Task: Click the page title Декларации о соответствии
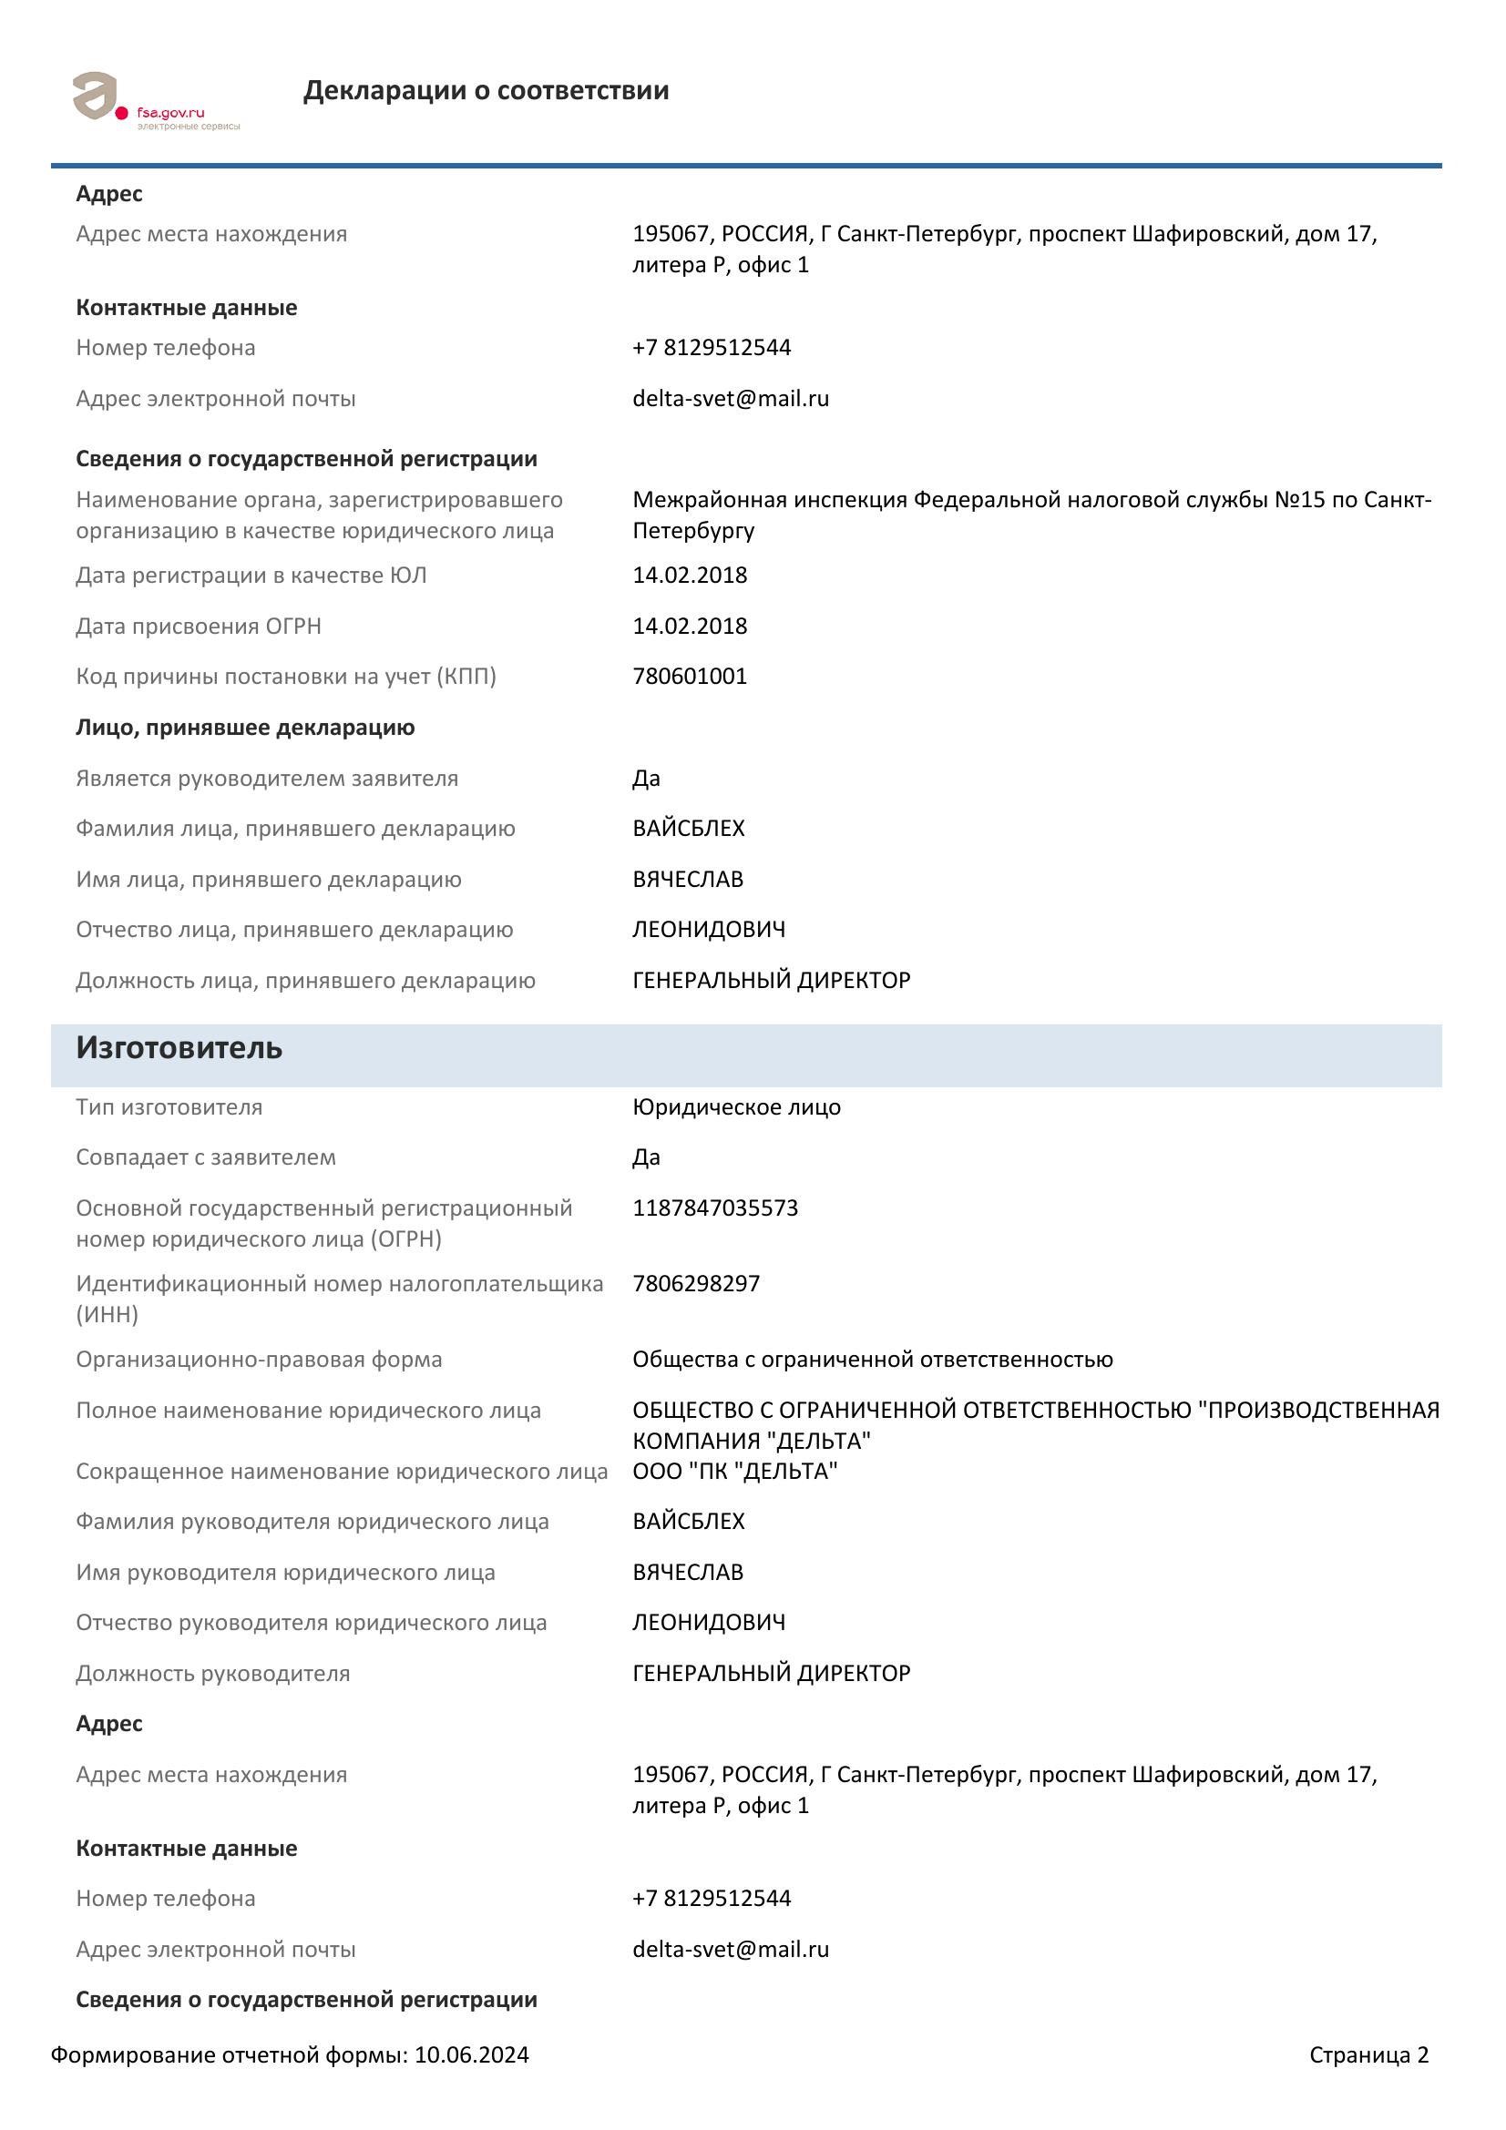[x=486, y=91]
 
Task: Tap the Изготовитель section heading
[x=179, y=1047]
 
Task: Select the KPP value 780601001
[x=690, y=677]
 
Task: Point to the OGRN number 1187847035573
[x=714, y=1208]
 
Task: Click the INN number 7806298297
[x=696, y=1284]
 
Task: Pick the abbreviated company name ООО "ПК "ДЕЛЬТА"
[x=735, y=1472]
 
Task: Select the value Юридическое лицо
[x=737, y=1106]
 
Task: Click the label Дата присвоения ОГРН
[x=199, y=627]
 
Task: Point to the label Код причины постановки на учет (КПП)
[x=286, y=677]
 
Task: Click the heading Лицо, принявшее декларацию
[x=245, y=728]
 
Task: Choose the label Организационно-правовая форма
[x=259, y=1359]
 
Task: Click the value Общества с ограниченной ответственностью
[x=872, y=1359]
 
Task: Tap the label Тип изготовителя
[x=169, y=1106]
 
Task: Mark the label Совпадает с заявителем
[x=206, y=1157]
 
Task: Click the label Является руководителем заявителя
[x=267, y=779]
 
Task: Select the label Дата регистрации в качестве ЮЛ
[x=251, y=576]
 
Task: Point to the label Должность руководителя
[x=212, y=1674]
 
